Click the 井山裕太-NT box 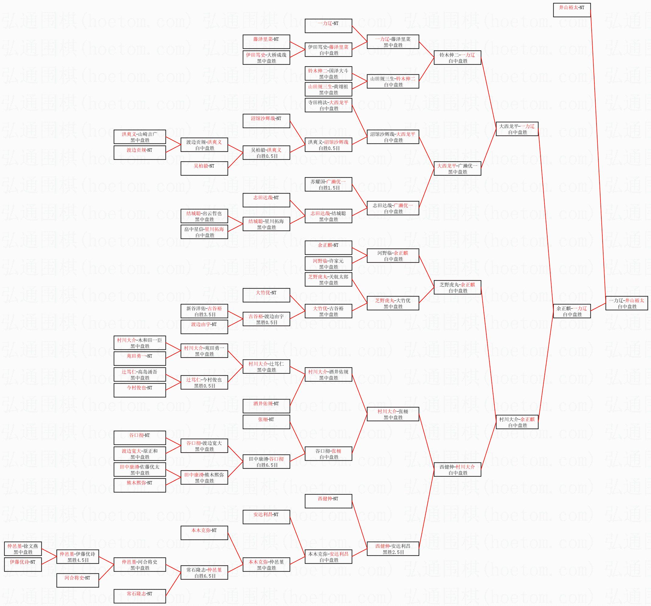tap(572, 10)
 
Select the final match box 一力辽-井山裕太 tap(626, 303)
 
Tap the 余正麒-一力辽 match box tap(572, 311)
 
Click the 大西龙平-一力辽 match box tap(517, 129)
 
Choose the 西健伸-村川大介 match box tap(457, 469)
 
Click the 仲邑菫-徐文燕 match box tap(23, 549)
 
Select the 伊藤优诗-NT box tap(23, 564)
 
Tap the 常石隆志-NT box tap(139, 596)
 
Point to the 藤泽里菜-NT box tap(266, 42)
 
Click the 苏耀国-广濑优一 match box tap(328, 184)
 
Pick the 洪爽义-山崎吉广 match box tap(139, 137)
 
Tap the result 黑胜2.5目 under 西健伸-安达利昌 tap(393, 552)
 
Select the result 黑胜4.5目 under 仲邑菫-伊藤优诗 tap(78, 560)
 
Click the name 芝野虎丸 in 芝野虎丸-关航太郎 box tap(318, 277)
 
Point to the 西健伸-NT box tap(328, 501)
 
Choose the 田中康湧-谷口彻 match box tap(266, 462)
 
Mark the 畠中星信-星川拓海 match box tap(204, 232)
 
